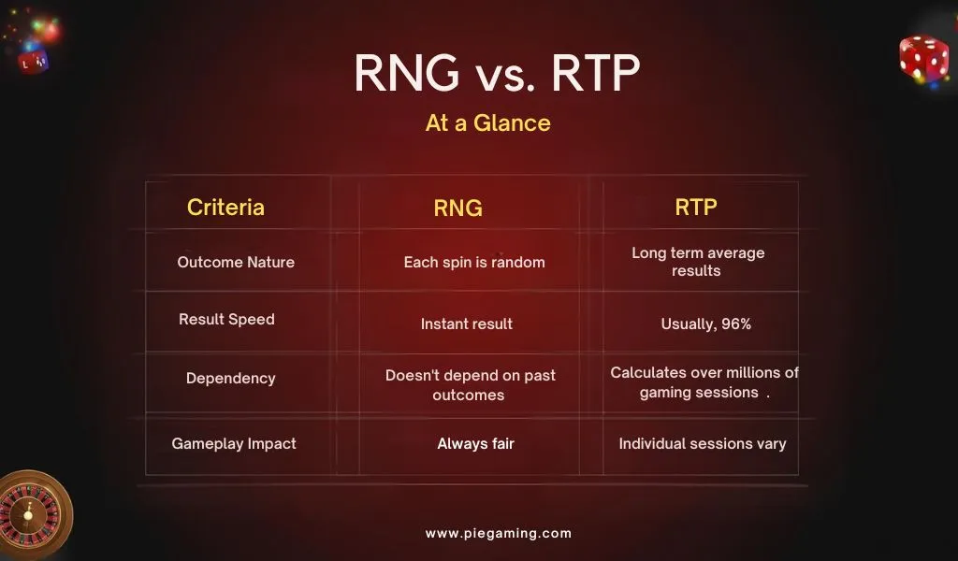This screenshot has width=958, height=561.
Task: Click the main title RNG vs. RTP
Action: point(497,74)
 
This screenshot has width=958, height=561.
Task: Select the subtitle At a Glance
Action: point(487,123)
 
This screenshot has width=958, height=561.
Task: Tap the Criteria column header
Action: point(225,208)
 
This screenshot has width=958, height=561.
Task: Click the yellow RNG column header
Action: point(457,209)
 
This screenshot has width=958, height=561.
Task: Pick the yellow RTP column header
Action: point(696,208)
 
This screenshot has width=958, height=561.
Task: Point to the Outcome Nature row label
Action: point(236,263)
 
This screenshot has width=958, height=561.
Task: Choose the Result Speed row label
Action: point(226,320)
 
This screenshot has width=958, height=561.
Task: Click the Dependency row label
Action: point(230,379)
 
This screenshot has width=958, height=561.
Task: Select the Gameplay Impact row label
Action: point(234,444)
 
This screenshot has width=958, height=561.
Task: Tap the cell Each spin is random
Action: point(473,263)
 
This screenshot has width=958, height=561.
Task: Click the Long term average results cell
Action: point(697,262)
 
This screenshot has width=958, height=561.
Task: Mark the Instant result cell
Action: point(466,324)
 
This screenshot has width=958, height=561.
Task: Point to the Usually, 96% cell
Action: point(705,324)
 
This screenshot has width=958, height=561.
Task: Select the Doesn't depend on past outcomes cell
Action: point(470,385)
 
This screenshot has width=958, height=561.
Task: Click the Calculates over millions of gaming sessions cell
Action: point(704,382)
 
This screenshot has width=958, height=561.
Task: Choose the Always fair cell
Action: point(475,444)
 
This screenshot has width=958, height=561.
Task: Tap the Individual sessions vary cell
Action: point(702,444)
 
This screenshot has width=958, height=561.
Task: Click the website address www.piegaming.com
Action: point(498,534)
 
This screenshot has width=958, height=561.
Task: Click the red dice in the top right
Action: point(923,58)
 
